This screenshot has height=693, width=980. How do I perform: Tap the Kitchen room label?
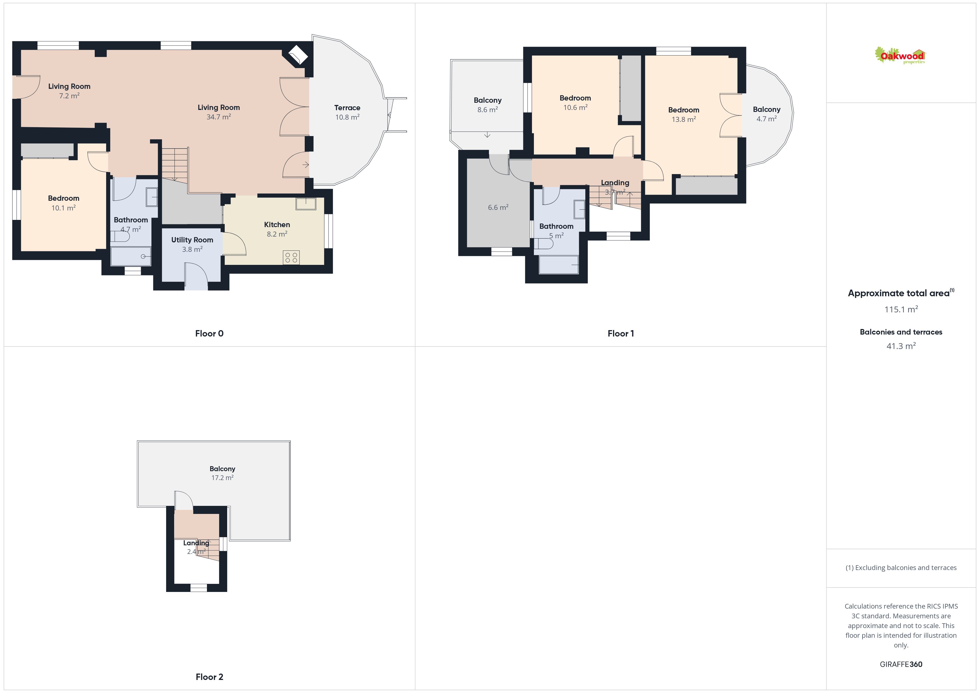point(277,224)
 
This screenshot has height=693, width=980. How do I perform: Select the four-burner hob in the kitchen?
point(291,258)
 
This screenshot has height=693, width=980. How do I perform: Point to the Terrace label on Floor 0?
point(347,107)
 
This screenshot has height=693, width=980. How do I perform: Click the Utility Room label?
point(192,240)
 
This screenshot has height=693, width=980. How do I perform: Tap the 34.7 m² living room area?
point(219,117)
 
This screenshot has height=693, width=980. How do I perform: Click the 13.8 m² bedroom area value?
point(684,119)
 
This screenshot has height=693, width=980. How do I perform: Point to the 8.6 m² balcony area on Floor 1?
point(487,110)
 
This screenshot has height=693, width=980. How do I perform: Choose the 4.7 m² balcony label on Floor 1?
point(767,114)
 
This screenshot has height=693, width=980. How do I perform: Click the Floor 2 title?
point(209,677)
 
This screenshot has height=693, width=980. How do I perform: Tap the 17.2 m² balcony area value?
point(222,478)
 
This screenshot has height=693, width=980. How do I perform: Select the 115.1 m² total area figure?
point(901,309)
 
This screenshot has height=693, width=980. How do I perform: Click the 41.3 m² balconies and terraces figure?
point(901,346)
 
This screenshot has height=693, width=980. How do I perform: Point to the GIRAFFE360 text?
point(901,664)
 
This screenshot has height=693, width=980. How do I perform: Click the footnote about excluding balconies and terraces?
point(901,568)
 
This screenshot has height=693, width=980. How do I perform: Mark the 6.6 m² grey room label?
point(498,207)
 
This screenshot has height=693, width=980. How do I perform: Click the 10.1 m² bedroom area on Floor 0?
point(64,208)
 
